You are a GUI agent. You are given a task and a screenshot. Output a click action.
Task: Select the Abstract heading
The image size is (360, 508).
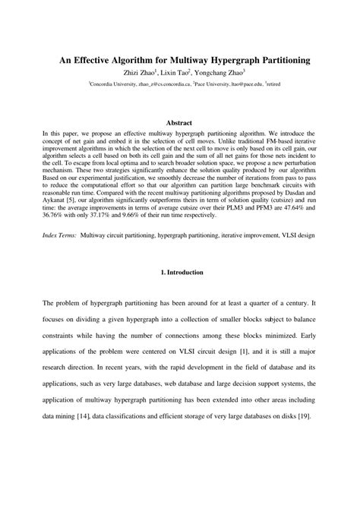[x=179, y=123]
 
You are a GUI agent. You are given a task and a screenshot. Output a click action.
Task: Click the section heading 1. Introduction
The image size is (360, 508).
[x=180, y=292]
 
